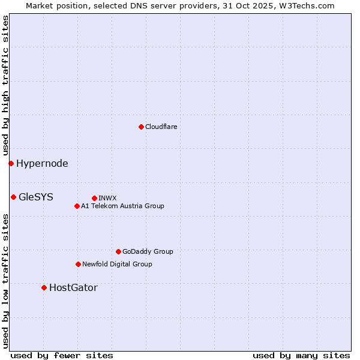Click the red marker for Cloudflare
(141, 127)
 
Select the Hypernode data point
(11, 163)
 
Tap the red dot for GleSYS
(13, 197)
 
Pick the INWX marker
(94, 198)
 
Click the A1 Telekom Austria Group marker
(77, 206)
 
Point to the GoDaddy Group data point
(118, 251)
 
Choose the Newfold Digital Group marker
(78, 264)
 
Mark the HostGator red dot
(44, 287)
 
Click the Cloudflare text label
(161, 127)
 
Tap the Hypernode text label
(42, 163)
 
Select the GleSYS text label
(36, 197)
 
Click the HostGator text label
(73, 287)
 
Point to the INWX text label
(107, 198)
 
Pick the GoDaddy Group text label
(148, 251)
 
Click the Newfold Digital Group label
(117, 264)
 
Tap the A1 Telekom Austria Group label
(122, 206)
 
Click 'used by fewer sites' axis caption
(62, 355)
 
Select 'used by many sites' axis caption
(301, 355)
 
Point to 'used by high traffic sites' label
(5, 85)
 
